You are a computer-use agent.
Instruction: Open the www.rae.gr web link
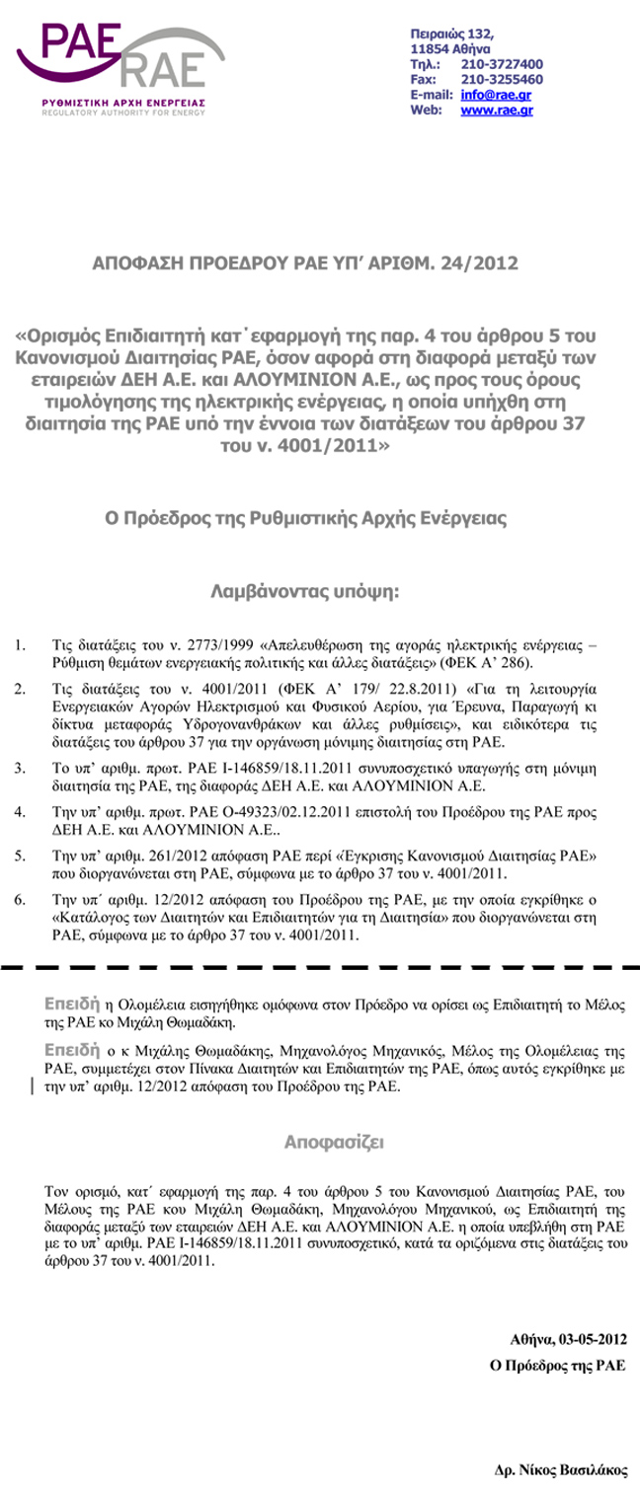[497, 111]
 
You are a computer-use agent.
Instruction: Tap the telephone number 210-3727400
[502, 64]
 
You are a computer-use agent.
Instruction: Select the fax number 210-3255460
[502, 79]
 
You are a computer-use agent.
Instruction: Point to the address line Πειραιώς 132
[451, 35]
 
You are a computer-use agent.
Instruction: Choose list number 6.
[20, 900]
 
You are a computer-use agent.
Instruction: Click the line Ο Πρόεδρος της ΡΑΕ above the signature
[559, 1367]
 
